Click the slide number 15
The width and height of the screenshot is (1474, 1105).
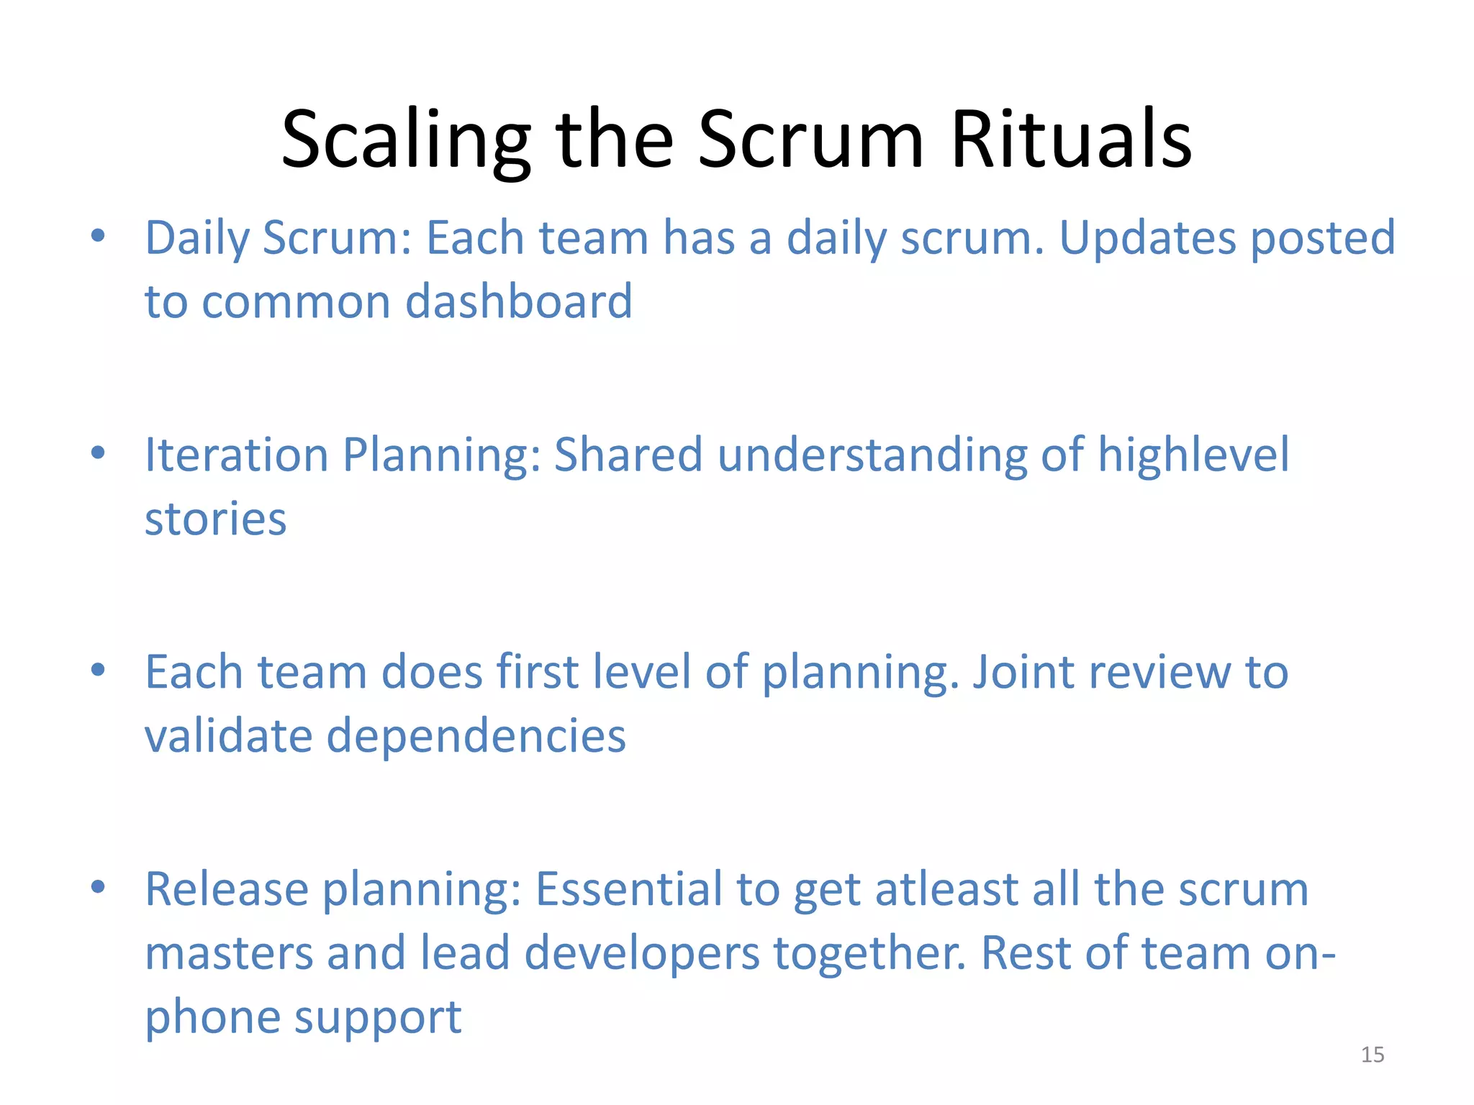click(1372, 1055)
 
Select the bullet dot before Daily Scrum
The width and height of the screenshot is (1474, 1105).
click(99, 235)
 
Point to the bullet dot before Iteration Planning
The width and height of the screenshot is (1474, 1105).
click(99, 453)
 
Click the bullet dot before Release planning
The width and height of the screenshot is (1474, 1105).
click(99, 886)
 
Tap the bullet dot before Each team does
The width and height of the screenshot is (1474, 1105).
click(99, 670)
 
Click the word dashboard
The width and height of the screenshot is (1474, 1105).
click(519, 301)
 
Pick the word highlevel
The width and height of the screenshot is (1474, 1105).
click(1193, 455)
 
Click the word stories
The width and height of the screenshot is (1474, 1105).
click(215, 519)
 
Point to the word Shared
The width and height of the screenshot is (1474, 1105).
click(628, 455)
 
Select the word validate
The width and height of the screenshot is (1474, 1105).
click(228, 737)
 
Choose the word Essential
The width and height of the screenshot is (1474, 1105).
click(629, 890)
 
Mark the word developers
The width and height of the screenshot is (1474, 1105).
click(642, 954)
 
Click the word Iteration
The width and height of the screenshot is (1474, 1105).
click(236, 455)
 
